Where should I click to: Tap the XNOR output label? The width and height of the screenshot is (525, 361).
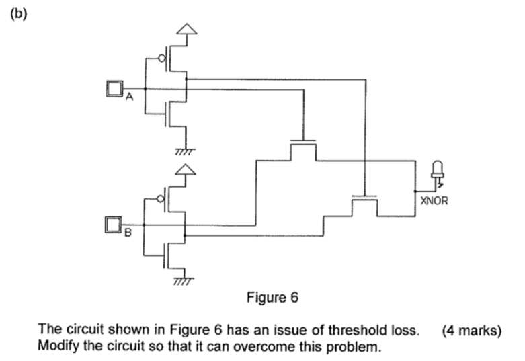(x=433, y=200)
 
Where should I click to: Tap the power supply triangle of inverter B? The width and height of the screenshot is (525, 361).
(x=187, y=171)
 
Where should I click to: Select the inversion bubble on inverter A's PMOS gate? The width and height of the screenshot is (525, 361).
(x=162, y=59)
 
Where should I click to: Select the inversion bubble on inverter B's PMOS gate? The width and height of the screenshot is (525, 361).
(x=162, y=199)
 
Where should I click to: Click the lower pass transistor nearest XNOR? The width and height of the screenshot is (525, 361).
(x=364, y=202)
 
